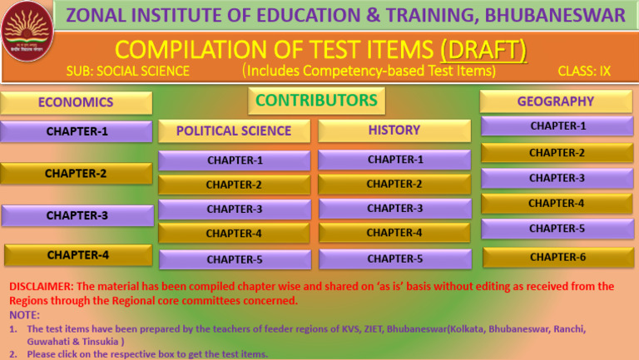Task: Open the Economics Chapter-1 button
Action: (77, 131)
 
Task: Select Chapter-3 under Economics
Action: (77, 215)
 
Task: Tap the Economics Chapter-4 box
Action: (77, 255)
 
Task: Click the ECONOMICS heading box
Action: (76, 102)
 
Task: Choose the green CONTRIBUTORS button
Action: (316, 101)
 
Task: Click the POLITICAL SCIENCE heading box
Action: (234, 131)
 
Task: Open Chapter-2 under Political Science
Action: (234, 185)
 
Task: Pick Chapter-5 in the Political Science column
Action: (234, 259)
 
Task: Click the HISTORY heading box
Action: (394, 131)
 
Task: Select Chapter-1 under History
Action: (394, 160)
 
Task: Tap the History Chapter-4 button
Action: (394, 233)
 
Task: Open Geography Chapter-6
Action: (557, 257)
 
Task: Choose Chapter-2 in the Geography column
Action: (557, 153)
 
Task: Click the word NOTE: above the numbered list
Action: (24, 315)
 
